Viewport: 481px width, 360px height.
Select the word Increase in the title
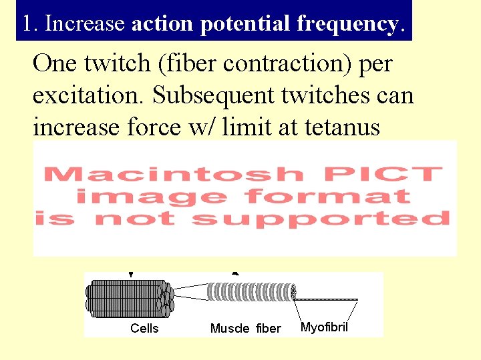(84, 23)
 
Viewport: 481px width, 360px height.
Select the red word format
(327, 196)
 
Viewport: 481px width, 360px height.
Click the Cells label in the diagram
(144, 328)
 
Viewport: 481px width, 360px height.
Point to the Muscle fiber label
(246, 328)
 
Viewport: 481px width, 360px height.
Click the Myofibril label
(324, 327)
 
